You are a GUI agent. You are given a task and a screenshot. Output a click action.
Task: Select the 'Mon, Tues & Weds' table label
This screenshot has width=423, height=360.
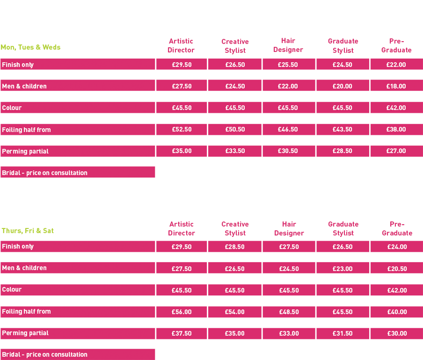tap(31, 47)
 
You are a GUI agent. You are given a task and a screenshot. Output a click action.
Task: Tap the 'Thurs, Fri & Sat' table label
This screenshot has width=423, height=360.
tap(28, 231)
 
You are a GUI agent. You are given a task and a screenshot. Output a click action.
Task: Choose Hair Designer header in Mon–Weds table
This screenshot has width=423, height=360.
tap(288, 45)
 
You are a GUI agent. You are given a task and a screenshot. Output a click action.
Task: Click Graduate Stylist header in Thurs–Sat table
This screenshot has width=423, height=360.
tap(343, 228)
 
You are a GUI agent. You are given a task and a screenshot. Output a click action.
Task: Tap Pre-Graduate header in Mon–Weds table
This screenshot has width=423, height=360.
tap(396, 45)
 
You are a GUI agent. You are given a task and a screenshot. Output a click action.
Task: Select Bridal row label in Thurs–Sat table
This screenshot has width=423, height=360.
tap(44, 354)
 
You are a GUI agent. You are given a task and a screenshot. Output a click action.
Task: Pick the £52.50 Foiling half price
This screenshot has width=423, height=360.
tap(182, 130)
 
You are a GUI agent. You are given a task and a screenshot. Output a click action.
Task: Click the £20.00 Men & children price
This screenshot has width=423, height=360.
tap(343, 86)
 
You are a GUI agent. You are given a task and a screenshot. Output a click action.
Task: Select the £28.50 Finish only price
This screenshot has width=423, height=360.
tap(235, 247)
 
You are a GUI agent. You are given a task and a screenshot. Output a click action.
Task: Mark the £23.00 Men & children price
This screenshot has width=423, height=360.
tap(343, 269)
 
